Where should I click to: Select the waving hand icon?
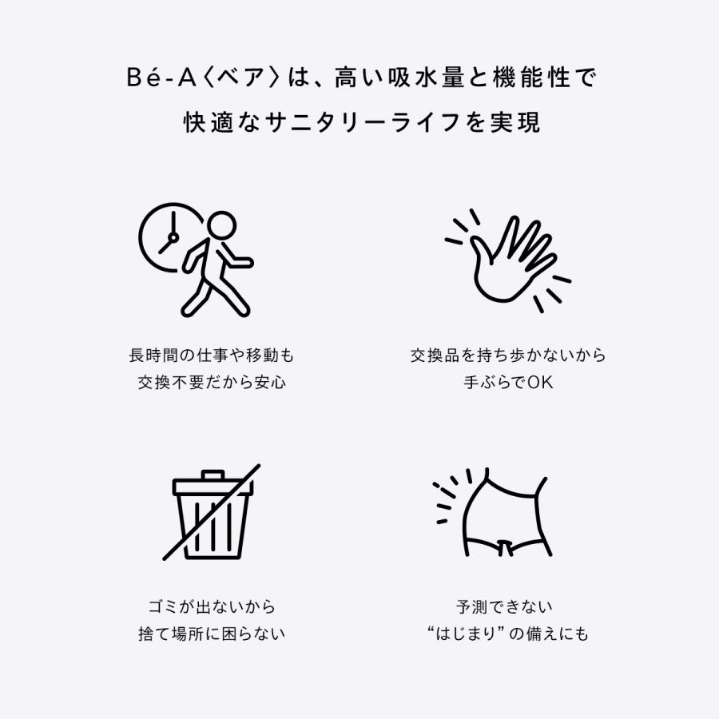click(509, 260)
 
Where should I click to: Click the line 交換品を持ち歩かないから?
click(508, 355)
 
